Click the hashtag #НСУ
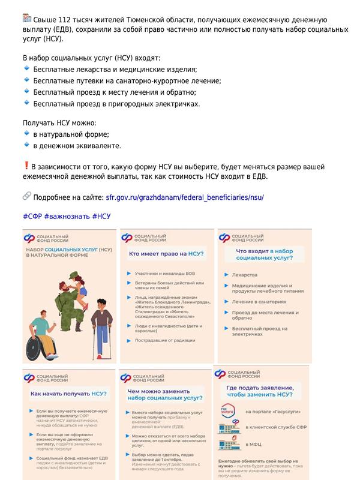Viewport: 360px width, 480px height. [x=102, y=216]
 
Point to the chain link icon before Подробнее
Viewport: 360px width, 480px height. [x=27, y=196]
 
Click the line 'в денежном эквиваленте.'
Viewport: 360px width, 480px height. [x=77, y=145]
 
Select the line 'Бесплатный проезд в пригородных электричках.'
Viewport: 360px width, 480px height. [x=116, y=104]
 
